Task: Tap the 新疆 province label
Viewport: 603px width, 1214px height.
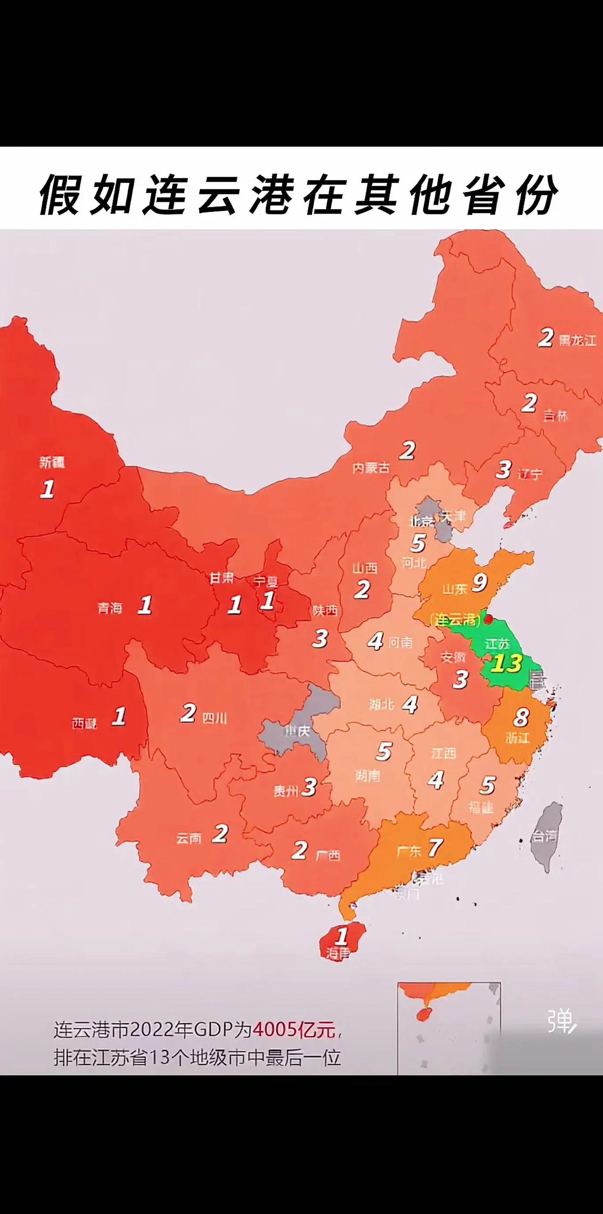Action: coord(52,462)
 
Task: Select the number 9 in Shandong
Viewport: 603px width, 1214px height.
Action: coord(480,583)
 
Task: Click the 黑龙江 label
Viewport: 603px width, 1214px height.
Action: coord(577,340)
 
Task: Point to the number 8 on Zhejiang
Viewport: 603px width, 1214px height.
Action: coord(521,717)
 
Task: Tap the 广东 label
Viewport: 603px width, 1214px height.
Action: coord(409,851)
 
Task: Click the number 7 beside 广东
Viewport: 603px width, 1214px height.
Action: coord(435,848)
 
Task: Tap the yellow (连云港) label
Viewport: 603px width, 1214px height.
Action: coord(456,619)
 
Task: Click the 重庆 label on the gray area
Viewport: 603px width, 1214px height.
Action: coord(297,731)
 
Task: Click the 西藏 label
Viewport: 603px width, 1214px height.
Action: coord(84,722)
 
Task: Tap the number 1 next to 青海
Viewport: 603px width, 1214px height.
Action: coord(145,605)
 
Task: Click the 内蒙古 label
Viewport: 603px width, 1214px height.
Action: coord(371,468)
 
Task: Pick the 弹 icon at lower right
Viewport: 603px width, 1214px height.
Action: coord(561,1021)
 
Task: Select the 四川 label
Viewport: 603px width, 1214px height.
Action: coord(214,718)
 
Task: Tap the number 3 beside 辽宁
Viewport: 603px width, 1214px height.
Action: coord(504,469)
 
